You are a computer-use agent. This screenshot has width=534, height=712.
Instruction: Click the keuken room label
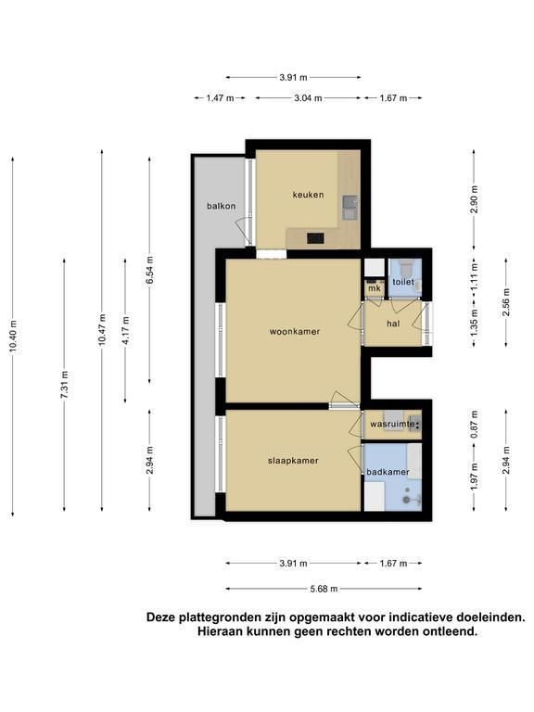pyautogui.click(x=309, y=195)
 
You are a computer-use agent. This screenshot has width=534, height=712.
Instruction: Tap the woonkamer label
pyautogui.click(x=295, y=332)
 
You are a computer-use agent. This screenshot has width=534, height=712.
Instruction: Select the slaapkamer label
pyautogui.click(x=293, y=461)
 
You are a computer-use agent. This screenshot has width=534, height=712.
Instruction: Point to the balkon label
pyautogui.click(x=222, y=206)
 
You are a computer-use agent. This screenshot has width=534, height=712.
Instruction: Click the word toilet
pyautogui.click(x=403, y=282)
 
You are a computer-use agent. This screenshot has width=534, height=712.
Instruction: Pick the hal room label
pyautogui.click(x=393, y=324)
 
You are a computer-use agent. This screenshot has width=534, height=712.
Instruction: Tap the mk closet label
pyautogui.click(x=375, y=288)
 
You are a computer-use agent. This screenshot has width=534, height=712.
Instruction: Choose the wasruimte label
pyautogui.click(x=392, y=424)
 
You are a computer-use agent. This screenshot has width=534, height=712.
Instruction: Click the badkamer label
pyautogui.click(x=388, y=472)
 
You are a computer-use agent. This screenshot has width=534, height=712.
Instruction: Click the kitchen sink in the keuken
pyautogui.click(x=350, y=208)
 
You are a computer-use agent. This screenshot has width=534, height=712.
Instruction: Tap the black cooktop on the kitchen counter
pyautogui.click(x=315, y=238)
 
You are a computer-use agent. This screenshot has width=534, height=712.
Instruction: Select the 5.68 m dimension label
pyautogui.click(x=324, y=589)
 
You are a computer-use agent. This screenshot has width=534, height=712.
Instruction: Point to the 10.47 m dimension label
pyautogui.click(x=102, y=330)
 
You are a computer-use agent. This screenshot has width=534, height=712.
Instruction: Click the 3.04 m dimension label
pyautogui.click(x=308, y=98)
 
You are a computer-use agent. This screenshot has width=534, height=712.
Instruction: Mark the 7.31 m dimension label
pyautogui.click(x=65, y=385)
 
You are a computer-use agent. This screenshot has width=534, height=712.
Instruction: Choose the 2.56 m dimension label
pyautogui.click(x=506, y=302)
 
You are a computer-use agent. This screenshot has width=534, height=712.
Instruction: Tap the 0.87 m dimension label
pyautogui.click(x=475, y=425)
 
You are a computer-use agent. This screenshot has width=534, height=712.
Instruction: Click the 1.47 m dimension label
pyautogui.click(x=220, y=98)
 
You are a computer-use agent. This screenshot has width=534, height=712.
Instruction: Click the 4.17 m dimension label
pyautogui.click(x=126, y=331)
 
